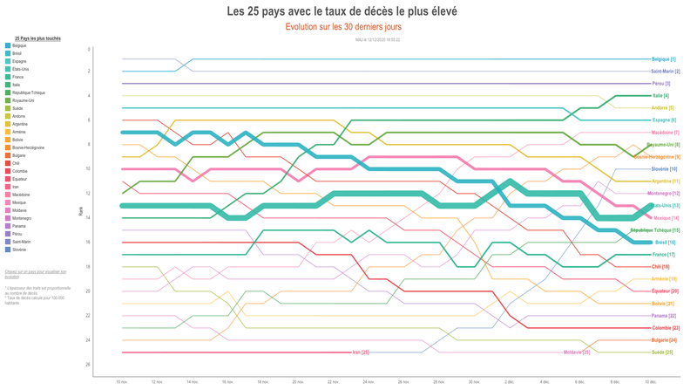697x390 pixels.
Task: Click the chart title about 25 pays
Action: (342, 11)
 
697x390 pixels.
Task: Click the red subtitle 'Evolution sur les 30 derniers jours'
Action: (343, 27)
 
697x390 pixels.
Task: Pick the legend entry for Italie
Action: (18, 85)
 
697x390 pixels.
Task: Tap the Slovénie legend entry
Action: (20, 250)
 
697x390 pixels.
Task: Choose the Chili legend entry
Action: (17, 163)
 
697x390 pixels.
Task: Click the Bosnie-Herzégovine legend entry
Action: (28, 147)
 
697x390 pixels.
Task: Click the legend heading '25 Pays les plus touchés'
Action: (37, 38)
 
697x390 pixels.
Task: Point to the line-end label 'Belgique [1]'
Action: (663, 59)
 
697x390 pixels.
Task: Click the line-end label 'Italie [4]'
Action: (660, 96)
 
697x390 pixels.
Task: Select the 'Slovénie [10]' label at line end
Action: (664, 169)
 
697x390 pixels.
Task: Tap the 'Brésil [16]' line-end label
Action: (665, 243)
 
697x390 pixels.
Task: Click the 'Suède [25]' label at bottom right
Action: (663, 352)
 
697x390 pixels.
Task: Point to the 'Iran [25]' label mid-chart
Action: (361, 352)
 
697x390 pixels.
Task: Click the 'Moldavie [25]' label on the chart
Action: (577, 352)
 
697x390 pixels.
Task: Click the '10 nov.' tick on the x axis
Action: (122, 381)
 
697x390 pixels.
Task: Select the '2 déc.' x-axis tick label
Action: (509, 381)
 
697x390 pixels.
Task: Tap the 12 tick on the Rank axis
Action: (88, 193)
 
